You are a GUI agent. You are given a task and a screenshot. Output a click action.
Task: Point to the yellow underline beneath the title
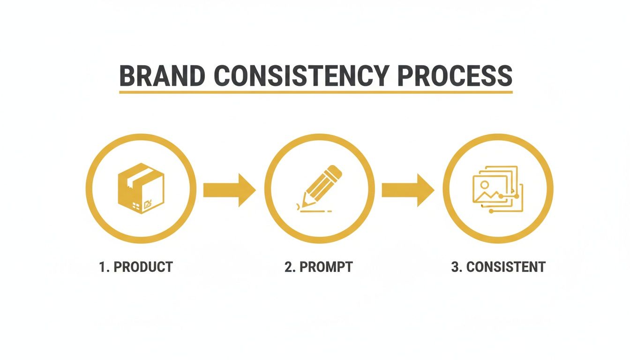click(x=315, y=92)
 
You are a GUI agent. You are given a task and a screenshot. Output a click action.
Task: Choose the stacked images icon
click(x=498, y=188)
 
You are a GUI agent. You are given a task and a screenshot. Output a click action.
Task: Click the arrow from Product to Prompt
click(x=229, y=190)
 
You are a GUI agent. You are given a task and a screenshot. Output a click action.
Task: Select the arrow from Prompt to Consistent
click(x=407, y=190)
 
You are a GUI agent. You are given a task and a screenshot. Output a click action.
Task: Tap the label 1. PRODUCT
click(x=136, y=267)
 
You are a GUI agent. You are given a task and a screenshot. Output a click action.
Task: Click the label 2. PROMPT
click(x=318, y=267)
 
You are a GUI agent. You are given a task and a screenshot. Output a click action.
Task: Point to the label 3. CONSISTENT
click(x=498, y=267)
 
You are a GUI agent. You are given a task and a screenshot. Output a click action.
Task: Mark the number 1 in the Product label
click(x=103, y=267)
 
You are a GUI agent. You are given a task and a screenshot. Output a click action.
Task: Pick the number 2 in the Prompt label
click(x=288, y=267)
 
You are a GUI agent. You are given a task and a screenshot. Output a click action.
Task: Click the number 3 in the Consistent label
click(x=455, y=267)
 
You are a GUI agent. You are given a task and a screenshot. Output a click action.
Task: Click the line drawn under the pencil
click(x=315, y=212)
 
